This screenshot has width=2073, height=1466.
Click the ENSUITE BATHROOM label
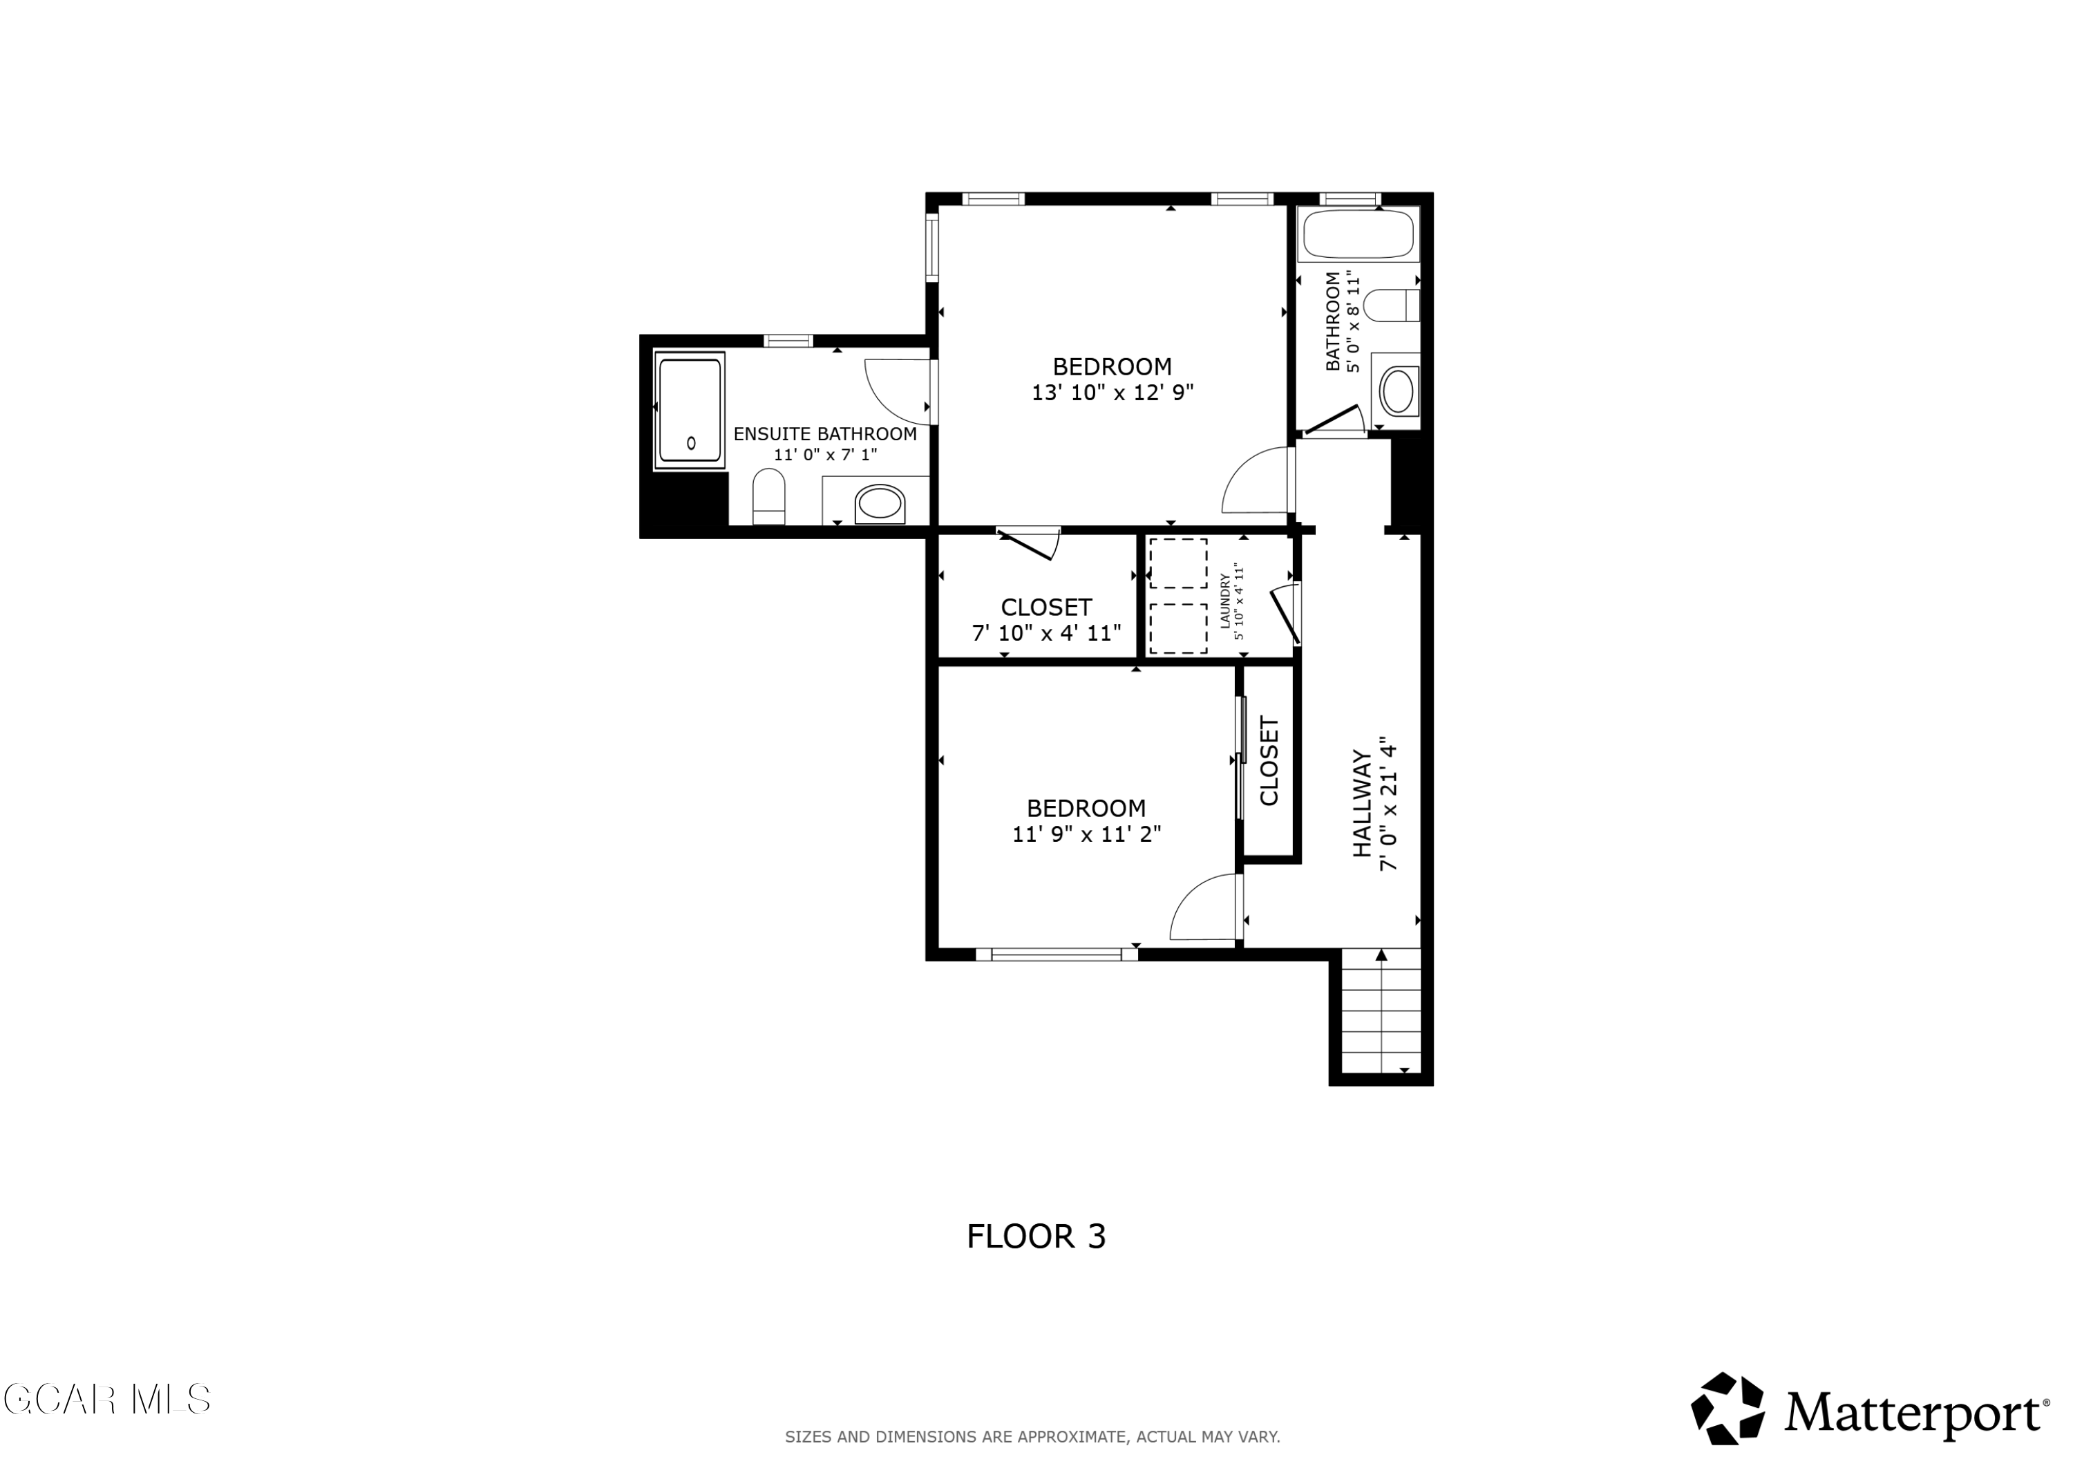tap(824, 433)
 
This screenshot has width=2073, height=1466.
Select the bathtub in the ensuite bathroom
tap(690, 410)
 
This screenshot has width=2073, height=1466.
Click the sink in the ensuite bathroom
tap(878, 503)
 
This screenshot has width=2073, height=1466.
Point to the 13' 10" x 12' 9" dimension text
tap(1113, 393)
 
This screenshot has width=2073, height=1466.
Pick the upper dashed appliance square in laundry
tap(1178, 563)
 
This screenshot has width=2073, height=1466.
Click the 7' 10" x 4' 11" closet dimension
tap(1046, 633)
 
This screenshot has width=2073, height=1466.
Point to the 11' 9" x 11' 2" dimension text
tap(1086, 834)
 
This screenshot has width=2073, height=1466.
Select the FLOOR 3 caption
tap(1036, 1237)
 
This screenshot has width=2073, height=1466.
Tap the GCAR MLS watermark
tap(106, 1399)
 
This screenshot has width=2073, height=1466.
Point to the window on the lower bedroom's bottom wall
tap(1057, 954)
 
